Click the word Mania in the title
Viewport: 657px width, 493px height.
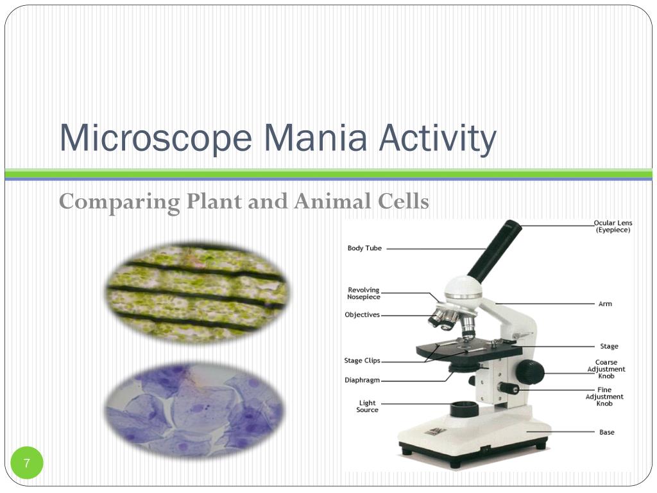click(315, 138)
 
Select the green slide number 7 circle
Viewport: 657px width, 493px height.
click(27, 463)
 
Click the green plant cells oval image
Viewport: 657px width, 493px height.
click(196, 292)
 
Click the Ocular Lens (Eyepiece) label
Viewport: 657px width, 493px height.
click(612, 227)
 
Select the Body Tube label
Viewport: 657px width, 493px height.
click(364, 248)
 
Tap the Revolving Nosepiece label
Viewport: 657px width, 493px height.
click(364, 293)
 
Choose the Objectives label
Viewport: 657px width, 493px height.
click(362, 315)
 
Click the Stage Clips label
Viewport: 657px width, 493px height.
click(362, 361)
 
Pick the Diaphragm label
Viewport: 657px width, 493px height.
click(362, 380)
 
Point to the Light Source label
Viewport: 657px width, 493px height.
click(367, 406)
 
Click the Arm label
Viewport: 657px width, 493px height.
click(605, 304)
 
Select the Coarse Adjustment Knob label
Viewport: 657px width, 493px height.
click(606, 369)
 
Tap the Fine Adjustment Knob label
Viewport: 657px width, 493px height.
click(604, 397)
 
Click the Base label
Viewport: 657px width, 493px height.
click(606, 432)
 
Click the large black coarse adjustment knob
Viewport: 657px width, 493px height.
click(530, 372)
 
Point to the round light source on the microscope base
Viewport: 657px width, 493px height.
click(464, 409)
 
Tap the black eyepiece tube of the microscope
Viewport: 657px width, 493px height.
click(495, 251)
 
